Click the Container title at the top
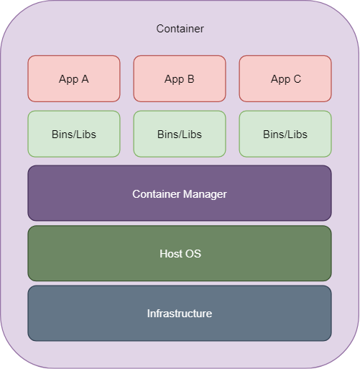point(180,29)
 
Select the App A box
point(74,78)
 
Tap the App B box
point(180,78)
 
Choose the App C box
point(285,78)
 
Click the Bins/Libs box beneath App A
point(74,134)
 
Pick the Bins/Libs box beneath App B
point(180,134)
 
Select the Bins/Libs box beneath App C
point(285,134)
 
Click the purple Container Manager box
point(180,193)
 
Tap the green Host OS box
point(180,253)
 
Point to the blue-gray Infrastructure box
point(180,313)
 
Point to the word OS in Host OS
point(193,254)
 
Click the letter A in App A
point(85,79)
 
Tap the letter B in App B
point(190,79)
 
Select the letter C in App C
point(297,79)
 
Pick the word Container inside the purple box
point(155,194)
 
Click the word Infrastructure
point(180,314)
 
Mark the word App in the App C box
point(280,80)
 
